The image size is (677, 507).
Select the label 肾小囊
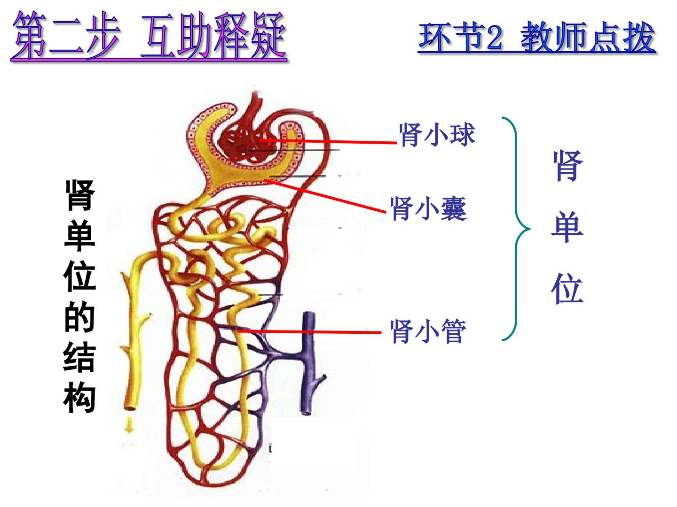click(x=429, y=209)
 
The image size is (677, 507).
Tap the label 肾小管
click(x=428, y=331)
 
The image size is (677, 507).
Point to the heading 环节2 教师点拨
click(x=536, y=38)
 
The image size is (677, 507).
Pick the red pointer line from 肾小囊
click(x=325, y=196)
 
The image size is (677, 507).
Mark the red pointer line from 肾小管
click(x=309, y=332)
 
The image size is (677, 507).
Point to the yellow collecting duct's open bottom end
click(x=130, y=408)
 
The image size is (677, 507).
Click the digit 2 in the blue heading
click(x=495, y=38)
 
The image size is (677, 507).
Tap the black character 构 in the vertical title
click(x=79, y=397)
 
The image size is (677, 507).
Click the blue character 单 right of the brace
click(x=567, y=227)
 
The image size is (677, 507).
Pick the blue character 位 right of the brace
click(x=567, y=289)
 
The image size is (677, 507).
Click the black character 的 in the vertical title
click(x=79, y=316)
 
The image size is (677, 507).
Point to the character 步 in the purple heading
click(x=102, y=35)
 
